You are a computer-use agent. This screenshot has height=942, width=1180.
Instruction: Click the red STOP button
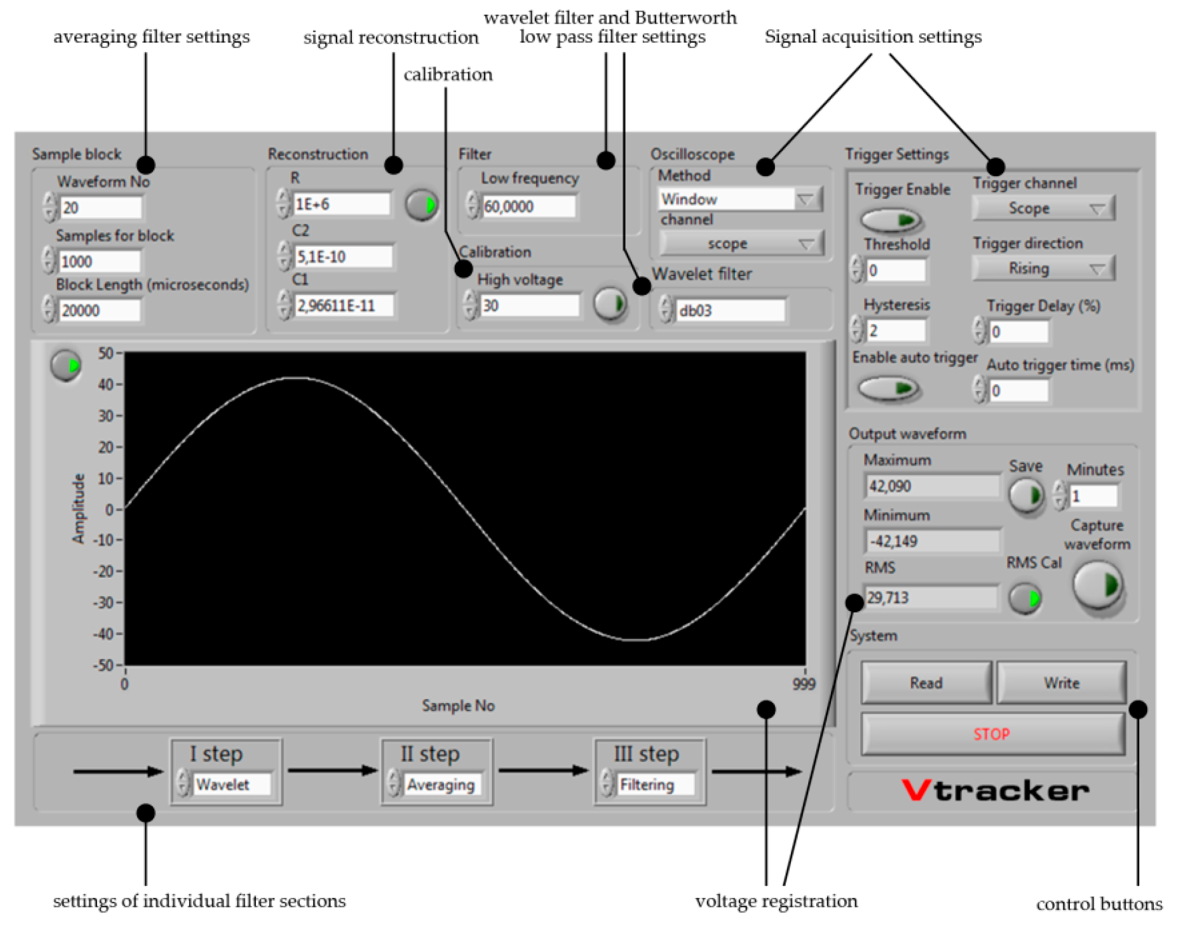(x=992, y=734)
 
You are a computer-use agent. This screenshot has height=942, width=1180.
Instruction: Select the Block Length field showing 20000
(x=99, y=310)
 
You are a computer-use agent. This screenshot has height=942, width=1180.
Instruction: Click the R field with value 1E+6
(x=341, y=204)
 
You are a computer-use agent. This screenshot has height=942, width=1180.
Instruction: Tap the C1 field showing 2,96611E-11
(x=343, y=306)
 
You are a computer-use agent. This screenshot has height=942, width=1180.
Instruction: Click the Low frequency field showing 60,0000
(x=528, y=206)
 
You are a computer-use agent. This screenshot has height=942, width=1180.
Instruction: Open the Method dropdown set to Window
(x=740, y=199)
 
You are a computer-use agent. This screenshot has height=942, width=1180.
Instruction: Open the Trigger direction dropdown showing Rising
(x=1043, y=268)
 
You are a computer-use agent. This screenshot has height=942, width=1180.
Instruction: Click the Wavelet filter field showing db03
(x=730, y=311)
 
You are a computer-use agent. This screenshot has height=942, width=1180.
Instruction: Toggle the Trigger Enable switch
(x=891, y=220)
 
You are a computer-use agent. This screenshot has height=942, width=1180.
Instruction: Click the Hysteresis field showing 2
(x=896, y=330)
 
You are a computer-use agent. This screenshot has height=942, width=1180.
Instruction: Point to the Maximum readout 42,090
(x=931, y=486)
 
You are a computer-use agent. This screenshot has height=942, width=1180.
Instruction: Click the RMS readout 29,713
(x=931, y=597)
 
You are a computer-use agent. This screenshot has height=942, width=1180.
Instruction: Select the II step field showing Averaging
(x=442, y=784)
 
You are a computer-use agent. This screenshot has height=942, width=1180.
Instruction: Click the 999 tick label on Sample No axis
(x=803, y=684)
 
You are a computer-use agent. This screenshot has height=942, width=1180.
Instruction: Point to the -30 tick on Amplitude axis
(x=106, y=603)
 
